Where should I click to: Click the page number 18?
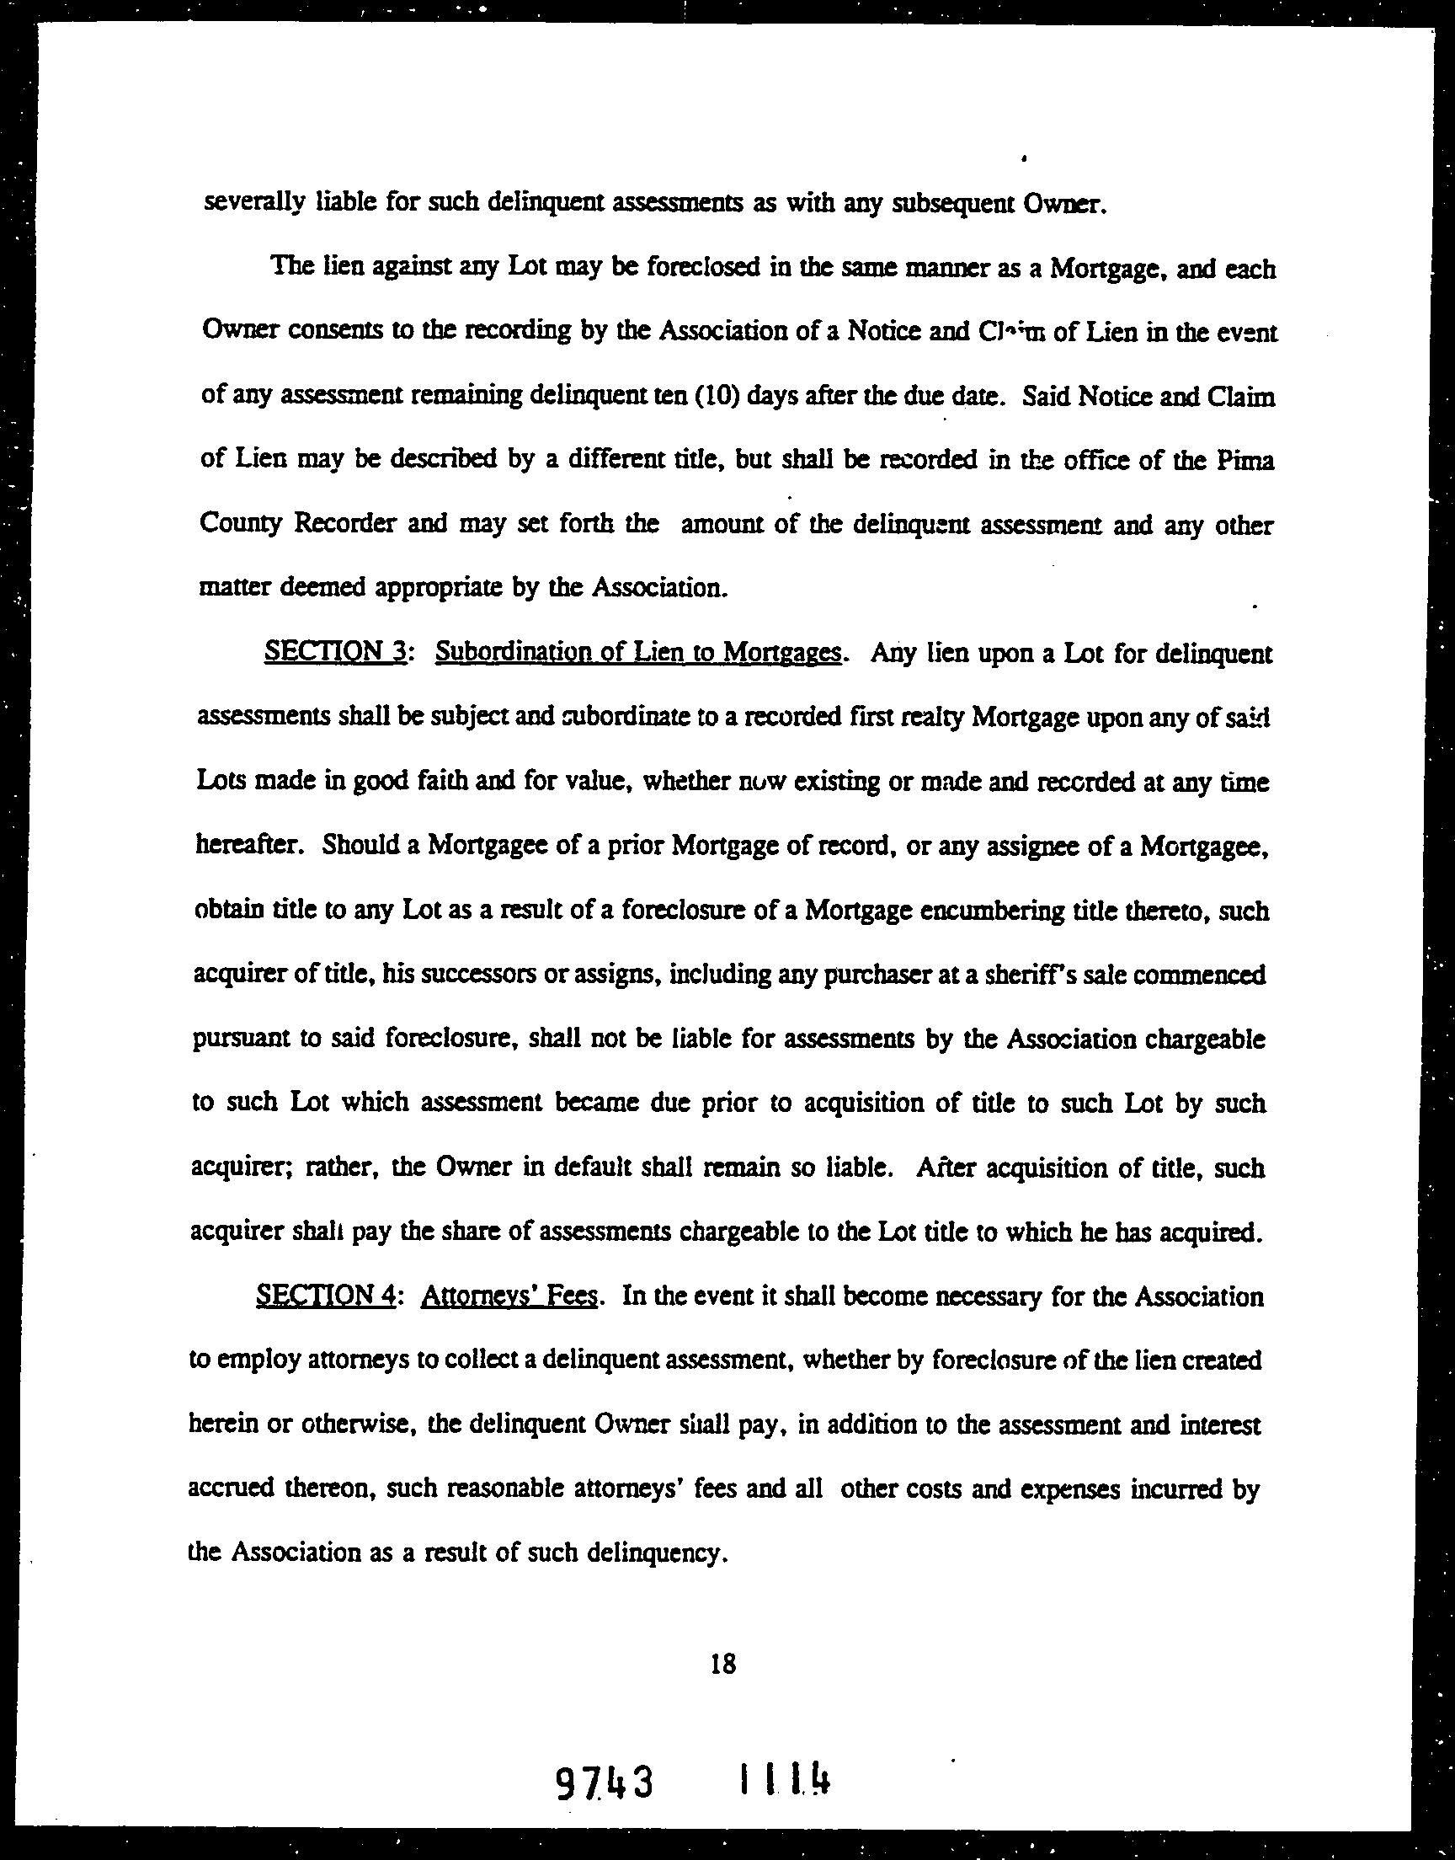click(722, 1664)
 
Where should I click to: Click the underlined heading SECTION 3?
click(333, 653)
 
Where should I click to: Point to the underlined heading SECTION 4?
click(323, 1296)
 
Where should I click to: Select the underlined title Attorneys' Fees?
click(509, 1296)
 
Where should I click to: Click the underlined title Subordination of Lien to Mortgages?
click(638, 653)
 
